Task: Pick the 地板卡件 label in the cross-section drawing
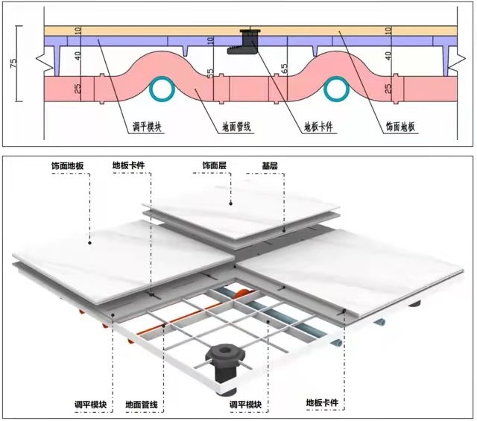[x=321, y=127]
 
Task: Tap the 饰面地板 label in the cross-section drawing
[x=402, y=127]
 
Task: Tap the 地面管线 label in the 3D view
[x=141, y=405]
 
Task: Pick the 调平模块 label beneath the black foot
[x=246, y=405]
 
